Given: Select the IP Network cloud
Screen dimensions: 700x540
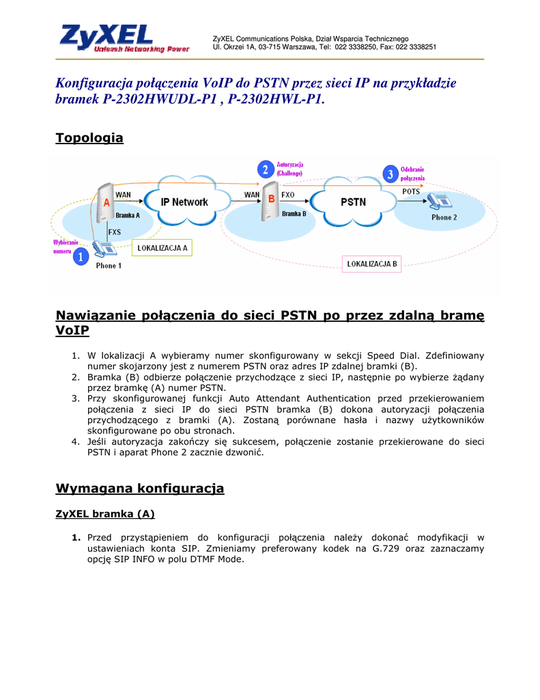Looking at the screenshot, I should coord(184,202).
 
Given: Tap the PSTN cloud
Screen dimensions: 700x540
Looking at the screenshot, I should coord(353,202).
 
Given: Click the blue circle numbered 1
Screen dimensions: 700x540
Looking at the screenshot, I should coord(81,257).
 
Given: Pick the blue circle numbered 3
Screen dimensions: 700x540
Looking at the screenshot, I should coord(390,174).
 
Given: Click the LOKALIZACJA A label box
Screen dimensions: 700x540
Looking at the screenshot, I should coord(162,247).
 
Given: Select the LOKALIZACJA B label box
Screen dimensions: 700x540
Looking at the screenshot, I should coord(371,263).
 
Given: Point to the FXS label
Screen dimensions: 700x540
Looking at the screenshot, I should coord(114,232).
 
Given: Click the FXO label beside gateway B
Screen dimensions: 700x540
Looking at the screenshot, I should coord(287,195).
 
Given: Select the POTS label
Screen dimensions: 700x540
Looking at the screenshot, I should coord(411,191).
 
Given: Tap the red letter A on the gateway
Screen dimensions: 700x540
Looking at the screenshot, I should coord(106,202).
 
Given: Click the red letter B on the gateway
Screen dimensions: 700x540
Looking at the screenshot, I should coord(271,199).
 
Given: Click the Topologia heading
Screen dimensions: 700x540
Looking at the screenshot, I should coord(89,138).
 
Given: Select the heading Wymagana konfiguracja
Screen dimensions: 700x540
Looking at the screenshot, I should coord(139,488).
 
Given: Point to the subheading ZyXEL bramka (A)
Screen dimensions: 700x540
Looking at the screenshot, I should coord(104,514).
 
